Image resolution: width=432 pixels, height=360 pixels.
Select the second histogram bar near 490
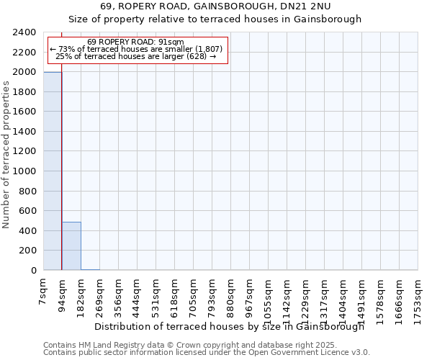click(71, 246)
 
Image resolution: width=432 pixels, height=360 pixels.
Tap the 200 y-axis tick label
click(29, 251)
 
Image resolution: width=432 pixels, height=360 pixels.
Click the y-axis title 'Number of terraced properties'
click(6, 155)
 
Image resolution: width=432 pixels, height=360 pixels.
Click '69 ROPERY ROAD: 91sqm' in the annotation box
click(135, 42)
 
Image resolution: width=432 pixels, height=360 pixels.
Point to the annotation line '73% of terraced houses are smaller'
click(135, 49)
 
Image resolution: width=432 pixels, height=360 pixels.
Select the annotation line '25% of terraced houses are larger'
click(135, 56)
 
